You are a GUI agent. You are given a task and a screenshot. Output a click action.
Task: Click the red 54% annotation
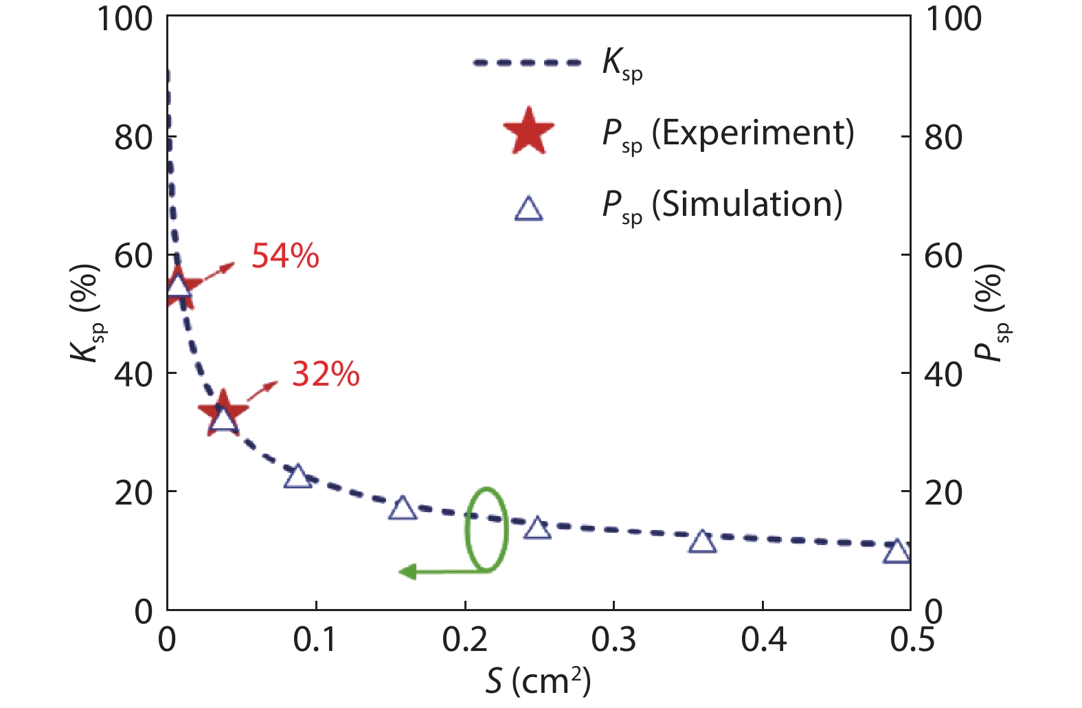point(285,256)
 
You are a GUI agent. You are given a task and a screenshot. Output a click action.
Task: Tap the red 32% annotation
point(326,374)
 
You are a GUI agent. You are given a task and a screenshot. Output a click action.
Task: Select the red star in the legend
point(528,131)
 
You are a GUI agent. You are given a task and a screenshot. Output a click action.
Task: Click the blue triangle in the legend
point(528,208)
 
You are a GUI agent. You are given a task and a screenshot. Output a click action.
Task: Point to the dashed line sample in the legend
point(527,63)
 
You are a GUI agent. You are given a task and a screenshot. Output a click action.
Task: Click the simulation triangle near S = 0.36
point(702,542)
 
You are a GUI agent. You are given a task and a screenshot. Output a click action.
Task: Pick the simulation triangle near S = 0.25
point(537,529)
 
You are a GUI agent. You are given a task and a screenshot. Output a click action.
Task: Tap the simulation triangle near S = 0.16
point(403,509)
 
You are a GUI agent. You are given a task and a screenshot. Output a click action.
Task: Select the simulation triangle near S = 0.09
point(297,476)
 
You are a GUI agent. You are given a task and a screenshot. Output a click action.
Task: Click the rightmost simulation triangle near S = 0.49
point(897,551)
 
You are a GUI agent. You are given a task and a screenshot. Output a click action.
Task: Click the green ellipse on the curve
point(486,529)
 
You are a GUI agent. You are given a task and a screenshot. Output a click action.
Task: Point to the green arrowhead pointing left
point(407,571)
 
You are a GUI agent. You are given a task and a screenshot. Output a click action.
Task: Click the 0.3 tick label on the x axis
point(613,640)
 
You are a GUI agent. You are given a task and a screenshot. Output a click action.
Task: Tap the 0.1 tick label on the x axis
point(316,640)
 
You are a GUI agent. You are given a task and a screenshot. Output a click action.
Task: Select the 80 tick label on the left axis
point(133,137)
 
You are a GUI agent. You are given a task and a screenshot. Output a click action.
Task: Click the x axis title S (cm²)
point(538,681)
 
